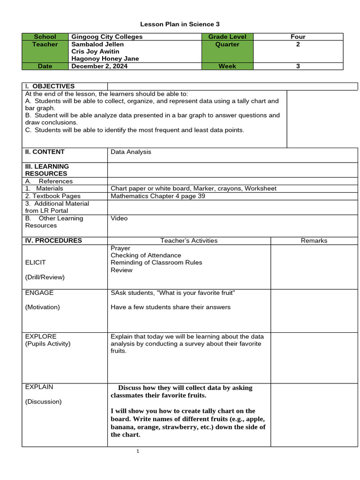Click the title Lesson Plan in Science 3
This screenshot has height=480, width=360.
click(180, 24)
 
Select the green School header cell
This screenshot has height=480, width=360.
click(45, 37)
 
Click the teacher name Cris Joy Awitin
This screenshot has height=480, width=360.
click(95, 52)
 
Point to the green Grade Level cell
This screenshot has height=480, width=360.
click(227, 37)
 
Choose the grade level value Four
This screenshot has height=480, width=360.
click(298, 37)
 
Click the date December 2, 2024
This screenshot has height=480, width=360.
click(99, 66)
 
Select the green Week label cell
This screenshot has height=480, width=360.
click(227, 66)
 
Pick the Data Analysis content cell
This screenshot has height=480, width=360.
click(131, 152)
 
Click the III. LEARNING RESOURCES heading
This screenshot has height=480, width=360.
click(47, 170)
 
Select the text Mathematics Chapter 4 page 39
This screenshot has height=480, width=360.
click(158, 196)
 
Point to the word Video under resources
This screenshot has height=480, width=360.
click(119, 218)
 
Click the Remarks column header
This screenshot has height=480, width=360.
click(314, 240)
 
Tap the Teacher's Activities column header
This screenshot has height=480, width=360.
click(189, 240)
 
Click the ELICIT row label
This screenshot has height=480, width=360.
click(36, 262)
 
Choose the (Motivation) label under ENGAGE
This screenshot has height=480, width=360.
click(43, 307)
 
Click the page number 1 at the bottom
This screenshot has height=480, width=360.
click(138, 451)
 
